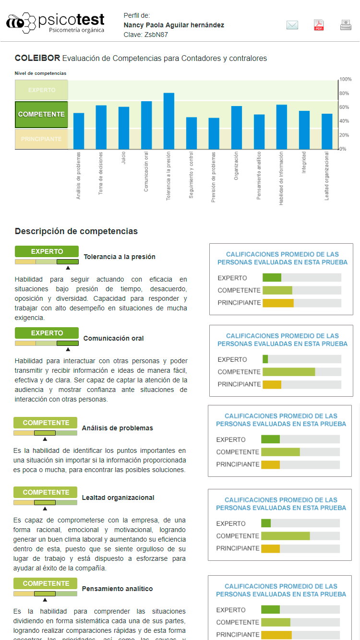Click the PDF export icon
coord(319,25)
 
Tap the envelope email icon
coord(292,25)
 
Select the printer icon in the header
coord(346,25)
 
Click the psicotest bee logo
coord(21,23)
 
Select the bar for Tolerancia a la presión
coord(169,121)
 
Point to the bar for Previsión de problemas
coord(214,133)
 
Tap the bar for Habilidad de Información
coord(282,127)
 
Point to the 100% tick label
coord(346,79)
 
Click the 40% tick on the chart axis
coord(344,121)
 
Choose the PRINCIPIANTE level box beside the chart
coord(41,139)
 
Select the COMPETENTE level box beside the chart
coord(41,115)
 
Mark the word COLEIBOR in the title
coord(37,59)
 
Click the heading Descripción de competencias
coord(76,231)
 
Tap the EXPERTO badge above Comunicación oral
coord(47,333)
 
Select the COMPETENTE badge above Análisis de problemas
coord(46,423)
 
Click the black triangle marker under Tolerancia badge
coord(68,268)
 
